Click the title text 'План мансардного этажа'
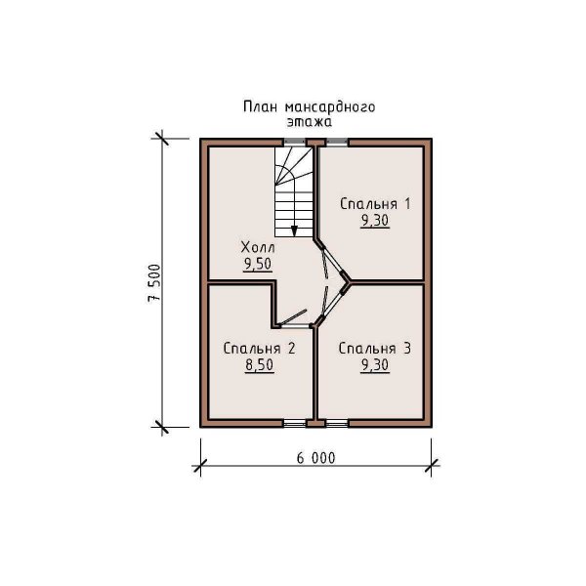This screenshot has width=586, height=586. [x=309, y=114]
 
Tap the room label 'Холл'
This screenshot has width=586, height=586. [x=258, y=247]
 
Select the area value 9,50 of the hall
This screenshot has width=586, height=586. [x=258, y=264]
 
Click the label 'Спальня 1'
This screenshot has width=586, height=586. [x=375, y=204]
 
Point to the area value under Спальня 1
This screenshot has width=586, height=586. [x=375, y=221]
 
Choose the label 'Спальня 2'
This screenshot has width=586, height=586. [x=260, y=349]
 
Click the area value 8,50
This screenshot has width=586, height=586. [x=260, y=364]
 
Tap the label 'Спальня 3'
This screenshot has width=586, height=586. [x=375, y=349]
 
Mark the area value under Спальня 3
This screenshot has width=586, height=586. [x=375, y=364]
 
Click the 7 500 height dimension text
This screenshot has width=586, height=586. [x=154, y=283]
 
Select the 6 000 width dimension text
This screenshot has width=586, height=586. [x=315, y=458]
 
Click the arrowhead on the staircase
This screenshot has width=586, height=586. [x=294, y=230]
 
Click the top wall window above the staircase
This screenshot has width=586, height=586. [x=295, y=142]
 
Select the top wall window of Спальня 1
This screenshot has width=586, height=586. [x=337, y=142]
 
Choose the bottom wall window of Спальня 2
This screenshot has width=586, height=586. [x=295, y=423]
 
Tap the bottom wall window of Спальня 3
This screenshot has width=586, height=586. [x=337, y=423]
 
